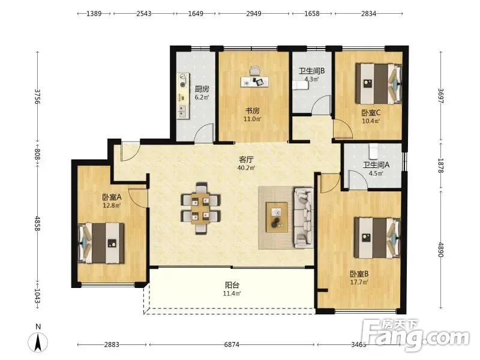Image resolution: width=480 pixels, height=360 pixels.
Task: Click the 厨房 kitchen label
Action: pos(202,89)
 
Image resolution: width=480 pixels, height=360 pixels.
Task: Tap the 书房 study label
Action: pos(252,110)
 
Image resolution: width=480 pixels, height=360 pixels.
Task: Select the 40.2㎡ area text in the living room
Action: pos(246,168)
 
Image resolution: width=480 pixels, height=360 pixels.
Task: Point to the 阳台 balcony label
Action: pos(232,286)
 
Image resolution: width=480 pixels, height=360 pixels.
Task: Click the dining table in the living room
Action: pos(200,208)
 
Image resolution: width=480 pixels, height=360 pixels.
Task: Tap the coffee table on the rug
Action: pos(277,217)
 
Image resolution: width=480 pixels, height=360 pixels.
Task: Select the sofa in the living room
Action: pos(304,217)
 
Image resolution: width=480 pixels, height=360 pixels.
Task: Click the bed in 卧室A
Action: pos(101,244)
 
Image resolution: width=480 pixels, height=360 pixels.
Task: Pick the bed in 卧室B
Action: pos(378,238)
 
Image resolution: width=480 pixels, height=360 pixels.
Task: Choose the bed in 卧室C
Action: pos(379,83)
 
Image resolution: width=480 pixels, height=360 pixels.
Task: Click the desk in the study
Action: pos(254,82)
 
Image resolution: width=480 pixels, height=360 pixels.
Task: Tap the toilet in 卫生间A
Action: pos(373,150)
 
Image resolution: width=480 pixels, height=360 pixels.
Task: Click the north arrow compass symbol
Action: pos(38,343)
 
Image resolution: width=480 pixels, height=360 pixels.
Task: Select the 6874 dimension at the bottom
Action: pos(232,344)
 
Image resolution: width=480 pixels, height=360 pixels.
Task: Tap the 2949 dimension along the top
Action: pos(254,13)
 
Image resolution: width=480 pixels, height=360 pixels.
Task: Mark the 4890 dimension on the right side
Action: pos(441,250)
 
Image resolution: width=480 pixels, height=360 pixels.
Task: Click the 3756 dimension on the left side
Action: pos(37,97)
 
